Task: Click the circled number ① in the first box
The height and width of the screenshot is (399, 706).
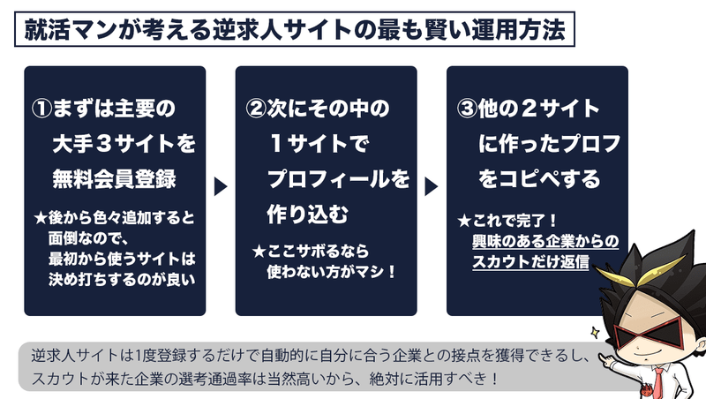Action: click(x=42, y=109)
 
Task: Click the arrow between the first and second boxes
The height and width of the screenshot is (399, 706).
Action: click(x=221, y=187)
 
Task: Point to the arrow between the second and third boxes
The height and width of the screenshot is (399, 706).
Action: click(x=432, y=187)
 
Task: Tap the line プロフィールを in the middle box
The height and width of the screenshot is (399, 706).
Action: click(x=338, y=178)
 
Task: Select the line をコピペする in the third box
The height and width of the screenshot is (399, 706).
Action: click(x=539, y=178)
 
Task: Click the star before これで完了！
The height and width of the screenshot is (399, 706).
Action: click(x=463, y=222)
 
